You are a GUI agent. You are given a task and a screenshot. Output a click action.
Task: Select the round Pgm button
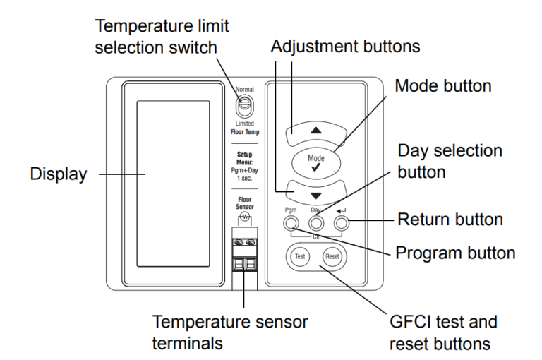point(291,224)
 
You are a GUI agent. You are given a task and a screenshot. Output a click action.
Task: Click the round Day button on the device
point(316,224)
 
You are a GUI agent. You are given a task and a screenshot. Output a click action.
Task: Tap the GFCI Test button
point(298,257)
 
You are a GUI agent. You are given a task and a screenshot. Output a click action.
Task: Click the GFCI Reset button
point(332,257)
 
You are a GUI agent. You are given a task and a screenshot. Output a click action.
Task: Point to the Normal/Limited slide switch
point(243,106)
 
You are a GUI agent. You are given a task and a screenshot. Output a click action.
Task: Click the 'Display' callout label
point(58,175)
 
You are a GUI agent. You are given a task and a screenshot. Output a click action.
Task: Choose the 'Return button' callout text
point(451,219)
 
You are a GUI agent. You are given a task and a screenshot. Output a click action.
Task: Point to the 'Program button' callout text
point(456,252)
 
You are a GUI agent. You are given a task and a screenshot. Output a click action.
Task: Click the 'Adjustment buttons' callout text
point(345,46)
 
